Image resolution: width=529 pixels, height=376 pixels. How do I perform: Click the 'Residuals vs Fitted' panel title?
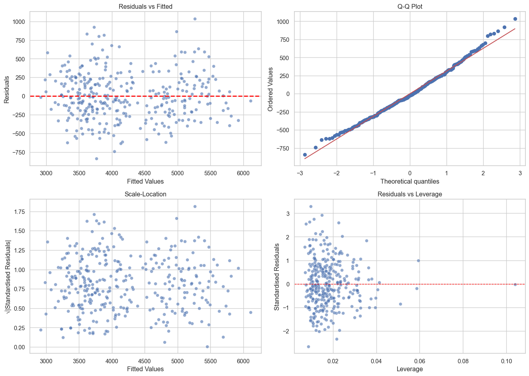pos(145,6)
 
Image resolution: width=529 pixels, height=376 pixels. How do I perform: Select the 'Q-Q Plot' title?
pos(409,6)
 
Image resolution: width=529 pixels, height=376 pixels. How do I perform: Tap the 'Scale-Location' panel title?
pos(145,194)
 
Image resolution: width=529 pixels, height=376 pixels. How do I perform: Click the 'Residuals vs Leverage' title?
pos(409,194)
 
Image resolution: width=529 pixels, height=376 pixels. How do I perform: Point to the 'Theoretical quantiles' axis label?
pos(409,182)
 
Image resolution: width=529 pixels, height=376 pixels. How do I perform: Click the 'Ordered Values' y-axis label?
pos(271,89)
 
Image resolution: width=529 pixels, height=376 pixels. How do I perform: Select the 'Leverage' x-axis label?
pos(409,369)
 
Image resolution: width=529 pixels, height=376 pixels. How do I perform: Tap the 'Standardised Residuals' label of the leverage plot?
pos(277,277)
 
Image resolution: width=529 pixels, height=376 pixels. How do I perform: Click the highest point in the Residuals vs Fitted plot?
pos(195,19)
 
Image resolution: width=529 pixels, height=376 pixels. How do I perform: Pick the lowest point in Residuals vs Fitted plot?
pos(96,159)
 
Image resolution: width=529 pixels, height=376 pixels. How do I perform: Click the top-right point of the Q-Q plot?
pos(515,19)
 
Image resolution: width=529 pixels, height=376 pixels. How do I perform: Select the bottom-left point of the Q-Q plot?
pos(305,155)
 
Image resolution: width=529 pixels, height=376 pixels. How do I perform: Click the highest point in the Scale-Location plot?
pos(195,206)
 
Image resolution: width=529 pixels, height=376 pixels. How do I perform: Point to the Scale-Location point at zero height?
pos(207,347)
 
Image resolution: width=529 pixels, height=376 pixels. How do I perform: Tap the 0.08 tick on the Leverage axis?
pos(462,361)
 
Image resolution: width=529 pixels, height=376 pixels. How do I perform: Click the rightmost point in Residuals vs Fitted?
pos(251,101)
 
